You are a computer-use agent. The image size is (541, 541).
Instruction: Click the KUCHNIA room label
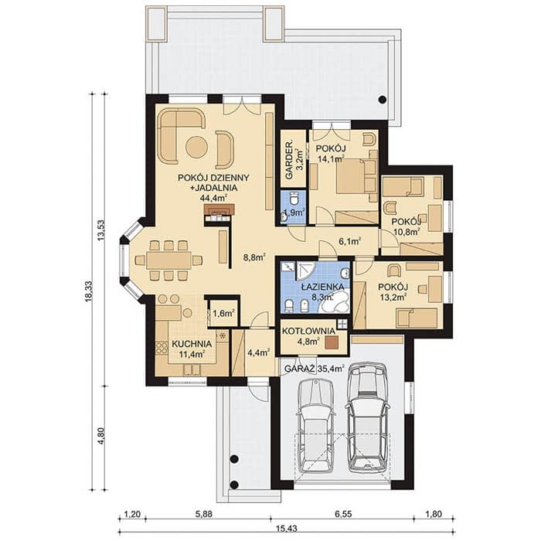click(192, 344)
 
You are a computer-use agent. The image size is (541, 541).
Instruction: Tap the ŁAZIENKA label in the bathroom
click(322, 287)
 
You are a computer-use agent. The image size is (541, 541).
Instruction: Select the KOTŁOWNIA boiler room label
click(308, 332)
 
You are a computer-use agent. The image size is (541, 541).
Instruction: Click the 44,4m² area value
click(213, 198)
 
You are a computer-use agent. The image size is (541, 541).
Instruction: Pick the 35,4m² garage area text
click(330, 369)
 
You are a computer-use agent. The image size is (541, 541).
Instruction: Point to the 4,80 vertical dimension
click(101, 436)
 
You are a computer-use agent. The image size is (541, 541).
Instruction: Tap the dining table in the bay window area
click(168, 260)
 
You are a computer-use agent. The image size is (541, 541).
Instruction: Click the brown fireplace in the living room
click(219, 209)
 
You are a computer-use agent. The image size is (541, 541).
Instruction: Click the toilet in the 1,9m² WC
click(294, 199)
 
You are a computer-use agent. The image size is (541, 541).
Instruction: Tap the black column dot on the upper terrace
click(382, 100)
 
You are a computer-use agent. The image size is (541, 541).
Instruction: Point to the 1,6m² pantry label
click(223, 313)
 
